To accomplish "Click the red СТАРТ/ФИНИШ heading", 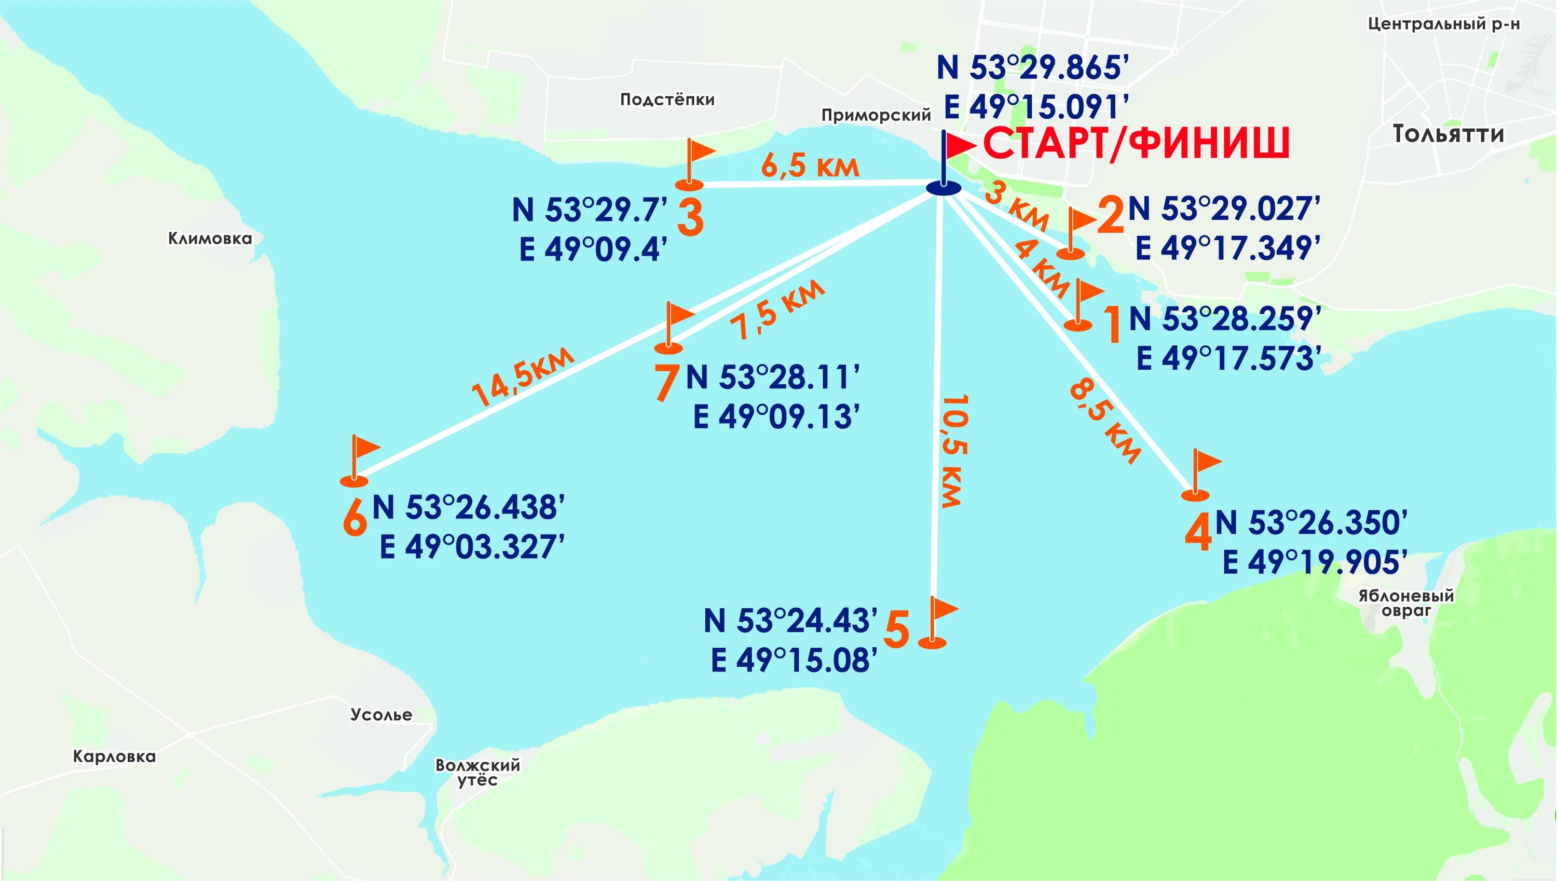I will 1136,144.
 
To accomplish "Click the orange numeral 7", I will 667,382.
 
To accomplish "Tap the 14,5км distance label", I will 522,376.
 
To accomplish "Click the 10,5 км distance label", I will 955,451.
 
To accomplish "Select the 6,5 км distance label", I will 810,165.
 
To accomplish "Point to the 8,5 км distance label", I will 1106,421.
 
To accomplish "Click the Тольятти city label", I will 1448,134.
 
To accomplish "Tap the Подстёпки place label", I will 667,99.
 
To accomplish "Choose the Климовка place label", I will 210,239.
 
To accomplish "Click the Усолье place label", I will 381,715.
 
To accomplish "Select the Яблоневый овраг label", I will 1405,603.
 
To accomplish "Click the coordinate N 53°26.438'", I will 468,507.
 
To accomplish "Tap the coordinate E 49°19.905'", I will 1315,562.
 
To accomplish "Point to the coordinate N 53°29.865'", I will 1032,67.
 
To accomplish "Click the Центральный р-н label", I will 1444,24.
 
